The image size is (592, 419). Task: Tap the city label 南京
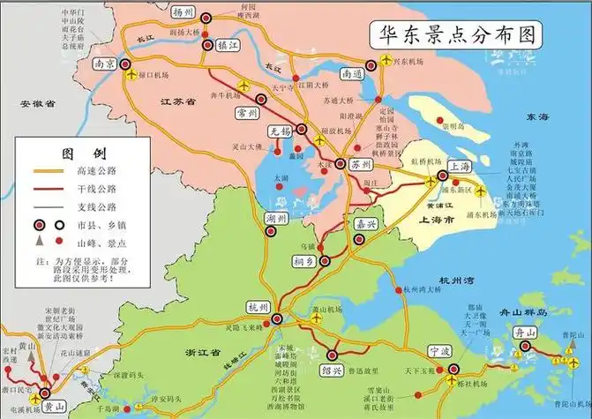click(x=104, y=64)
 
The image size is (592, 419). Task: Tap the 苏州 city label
click(x=358, y=163)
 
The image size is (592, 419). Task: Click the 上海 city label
click(x=458, y=165)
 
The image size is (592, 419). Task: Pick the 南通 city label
click(x=351, y=74)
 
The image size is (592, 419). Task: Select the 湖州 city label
click(x=276, y=218)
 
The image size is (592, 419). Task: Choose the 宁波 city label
click(x=438, y=351)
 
